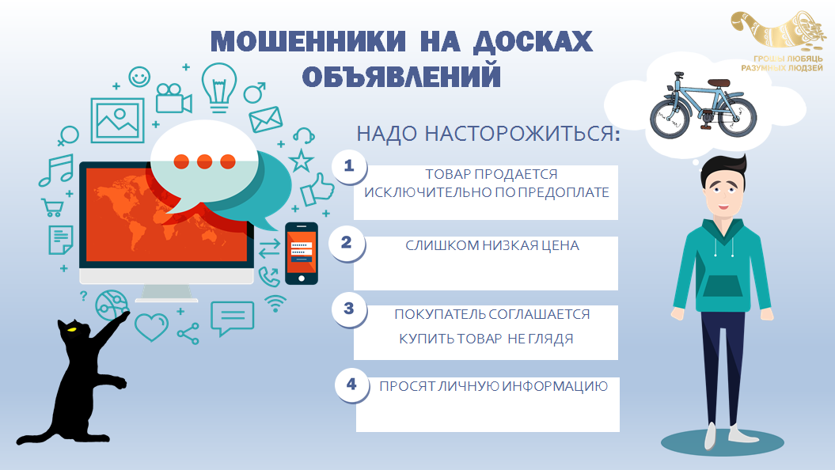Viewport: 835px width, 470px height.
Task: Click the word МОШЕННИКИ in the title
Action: pos(309,41)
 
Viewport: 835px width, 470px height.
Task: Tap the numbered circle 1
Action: pos(349,166)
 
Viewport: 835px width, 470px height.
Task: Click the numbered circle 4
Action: pos(351,385)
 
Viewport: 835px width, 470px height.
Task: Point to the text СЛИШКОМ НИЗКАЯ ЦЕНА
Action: pos(492,245)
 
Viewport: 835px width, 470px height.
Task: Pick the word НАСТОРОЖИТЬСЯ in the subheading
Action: pos(522,134)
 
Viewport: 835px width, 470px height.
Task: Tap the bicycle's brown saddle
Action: pos(719,82)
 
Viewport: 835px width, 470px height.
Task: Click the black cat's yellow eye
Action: pos(71,329)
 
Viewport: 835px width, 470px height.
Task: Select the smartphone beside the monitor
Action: pos(302,253)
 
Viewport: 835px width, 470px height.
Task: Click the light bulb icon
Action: pos(219,87)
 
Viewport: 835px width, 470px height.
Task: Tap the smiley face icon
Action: pos(139,78)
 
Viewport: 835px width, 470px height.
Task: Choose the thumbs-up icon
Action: pos(317,190)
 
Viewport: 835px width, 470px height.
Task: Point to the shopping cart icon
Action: pos(52,207)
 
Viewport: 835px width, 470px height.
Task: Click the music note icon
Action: pos(56,170)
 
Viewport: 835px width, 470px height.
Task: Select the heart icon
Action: pos(152,327)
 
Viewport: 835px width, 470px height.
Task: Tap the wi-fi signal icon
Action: pos(275,303)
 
